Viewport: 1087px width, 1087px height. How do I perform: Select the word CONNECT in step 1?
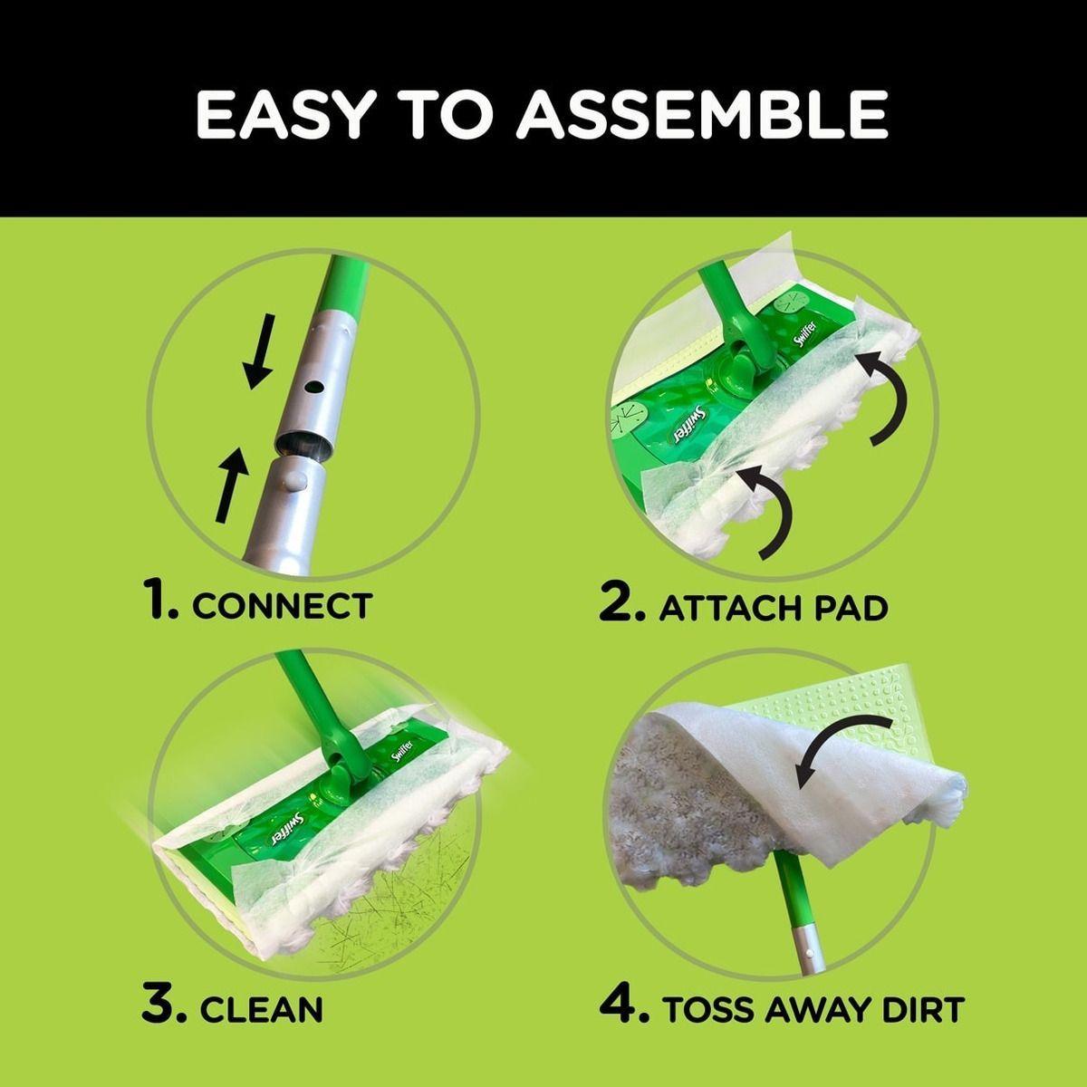[282, 606]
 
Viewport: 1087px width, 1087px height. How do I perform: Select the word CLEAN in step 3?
[261, 1008]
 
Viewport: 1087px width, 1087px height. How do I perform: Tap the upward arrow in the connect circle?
[231, 484]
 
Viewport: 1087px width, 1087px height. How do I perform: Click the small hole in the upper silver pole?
[314, 388]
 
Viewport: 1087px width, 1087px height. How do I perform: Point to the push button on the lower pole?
[293, 481]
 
